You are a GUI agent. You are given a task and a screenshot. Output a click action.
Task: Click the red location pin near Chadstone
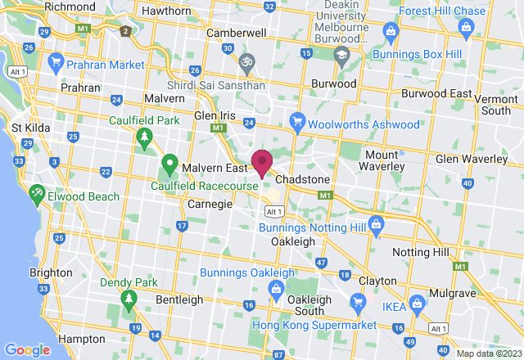262,162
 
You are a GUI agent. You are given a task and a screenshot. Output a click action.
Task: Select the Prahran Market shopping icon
56,62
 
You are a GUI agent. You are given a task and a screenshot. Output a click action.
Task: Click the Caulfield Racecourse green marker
169,163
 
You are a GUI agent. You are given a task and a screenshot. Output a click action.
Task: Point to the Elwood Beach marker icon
37,195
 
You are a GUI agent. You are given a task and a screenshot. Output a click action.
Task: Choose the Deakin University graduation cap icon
341,55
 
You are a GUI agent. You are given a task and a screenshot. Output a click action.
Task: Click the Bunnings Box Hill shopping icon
391,32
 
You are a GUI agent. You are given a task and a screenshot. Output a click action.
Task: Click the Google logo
27,349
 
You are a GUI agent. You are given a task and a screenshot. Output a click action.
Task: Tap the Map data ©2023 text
489,353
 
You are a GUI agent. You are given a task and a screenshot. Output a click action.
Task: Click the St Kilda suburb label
29,128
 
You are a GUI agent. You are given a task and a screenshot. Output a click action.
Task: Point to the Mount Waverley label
382,161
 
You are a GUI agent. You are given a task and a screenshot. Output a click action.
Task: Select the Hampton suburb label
82,338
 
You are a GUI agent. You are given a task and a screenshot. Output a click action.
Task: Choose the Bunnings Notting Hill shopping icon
376,223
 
